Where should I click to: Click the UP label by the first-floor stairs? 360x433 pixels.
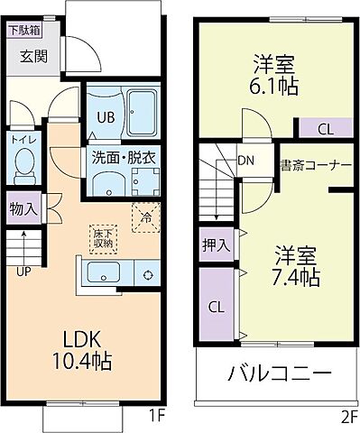(21, 268)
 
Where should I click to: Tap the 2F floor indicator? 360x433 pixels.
(346, 419)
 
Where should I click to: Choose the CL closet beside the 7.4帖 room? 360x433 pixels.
(217, 307)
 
